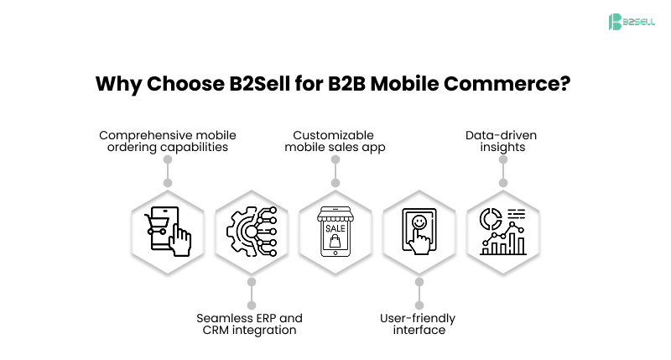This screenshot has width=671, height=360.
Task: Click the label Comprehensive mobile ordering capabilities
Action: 168,141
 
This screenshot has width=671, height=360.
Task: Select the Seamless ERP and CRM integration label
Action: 250,324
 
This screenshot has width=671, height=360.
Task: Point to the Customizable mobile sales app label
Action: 335,141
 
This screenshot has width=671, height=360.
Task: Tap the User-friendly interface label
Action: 419,324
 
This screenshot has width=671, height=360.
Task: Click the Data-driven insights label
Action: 502,141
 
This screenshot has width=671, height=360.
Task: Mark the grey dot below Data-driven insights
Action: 502,182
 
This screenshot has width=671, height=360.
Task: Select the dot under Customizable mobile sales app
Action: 335,182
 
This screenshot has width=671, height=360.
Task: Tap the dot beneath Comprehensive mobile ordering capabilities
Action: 168,182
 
